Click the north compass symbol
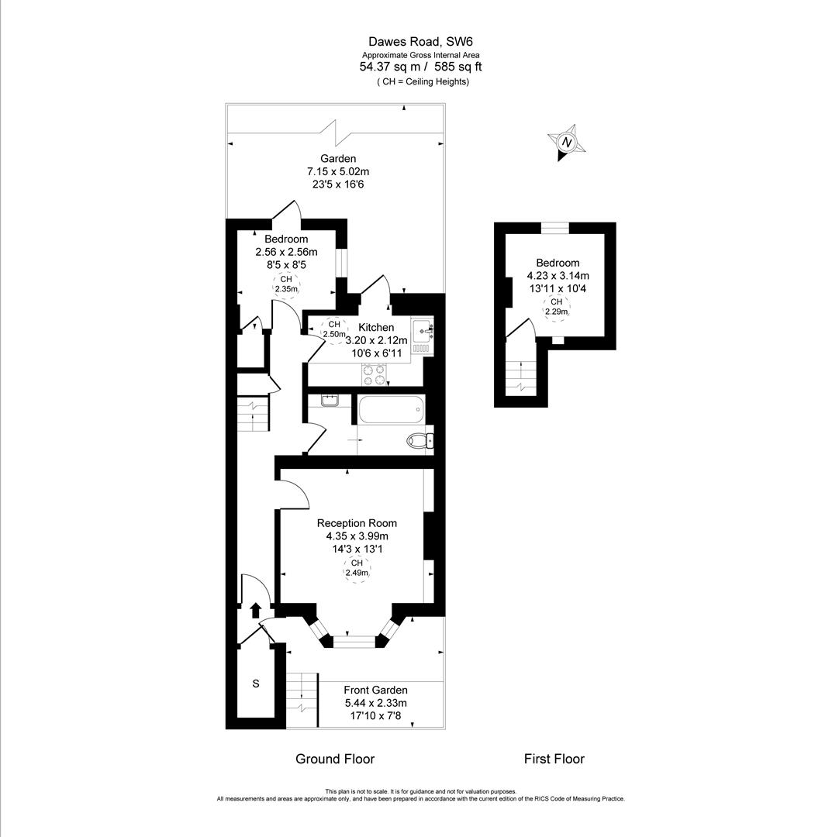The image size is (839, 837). (x=567, y=143)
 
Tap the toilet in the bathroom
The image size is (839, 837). (x=419, y=441)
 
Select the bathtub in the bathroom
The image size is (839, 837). (x=391, y=408)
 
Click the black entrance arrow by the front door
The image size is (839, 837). (x=256, y=610)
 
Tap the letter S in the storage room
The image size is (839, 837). (x=255, y=684)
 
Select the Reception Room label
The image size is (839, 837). (x=357, y=523)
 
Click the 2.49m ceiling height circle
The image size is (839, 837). (x=357, y=569)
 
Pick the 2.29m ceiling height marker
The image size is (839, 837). (x=556, y=307)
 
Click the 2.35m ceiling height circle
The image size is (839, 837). (x=285, y=284)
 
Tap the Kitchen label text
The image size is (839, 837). (x=376, y=328)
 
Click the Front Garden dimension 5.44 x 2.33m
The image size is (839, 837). (x=375, y=703)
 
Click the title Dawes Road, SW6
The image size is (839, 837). (x=419, y=42)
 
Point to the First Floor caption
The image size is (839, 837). (x=554, y=759)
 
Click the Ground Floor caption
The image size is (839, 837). (x=335, y=759)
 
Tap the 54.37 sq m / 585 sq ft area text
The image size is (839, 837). (x=419, y=67)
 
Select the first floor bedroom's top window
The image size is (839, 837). (x=554, y=227)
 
